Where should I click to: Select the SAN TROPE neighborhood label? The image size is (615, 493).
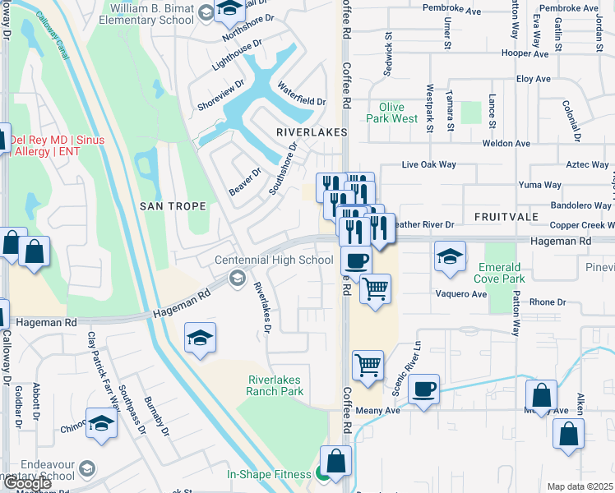coord(173,205)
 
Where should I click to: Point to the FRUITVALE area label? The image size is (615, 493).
coord(506,216)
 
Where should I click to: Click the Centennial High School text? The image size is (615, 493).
coord(274,260)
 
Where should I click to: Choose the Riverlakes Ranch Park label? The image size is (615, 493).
coord(275,385)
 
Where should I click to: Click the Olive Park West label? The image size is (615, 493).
coord(399,113)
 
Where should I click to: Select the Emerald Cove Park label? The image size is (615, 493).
coord(504,274)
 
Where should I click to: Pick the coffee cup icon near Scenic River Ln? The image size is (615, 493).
coord(423,389)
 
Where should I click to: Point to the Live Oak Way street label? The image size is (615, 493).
coord(428,164)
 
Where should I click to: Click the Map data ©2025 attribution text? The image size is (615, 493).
coord(580,486)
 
